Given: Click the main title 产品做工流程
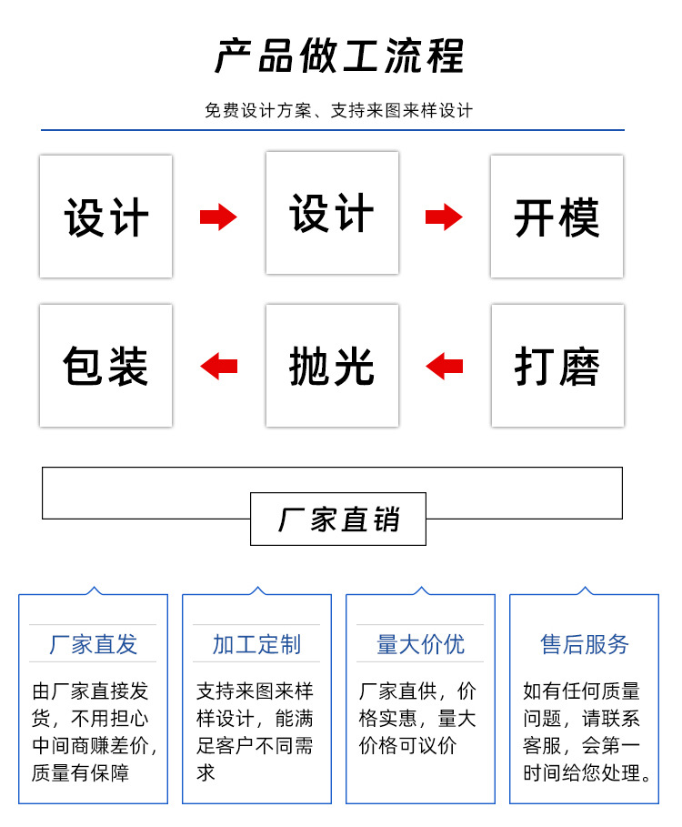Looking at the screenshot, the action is click(339, 56).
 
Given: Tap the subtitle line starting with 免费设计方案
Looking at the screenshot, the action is click(339, 111).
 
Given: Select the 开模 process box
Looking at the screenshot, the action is click(557, 217).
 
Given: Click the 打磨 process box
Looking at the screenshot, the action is click(557, 366).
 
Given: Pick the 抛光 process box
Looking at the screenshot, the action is click(332, 366).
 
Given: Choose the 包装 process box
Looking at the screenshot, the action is click(105, 366).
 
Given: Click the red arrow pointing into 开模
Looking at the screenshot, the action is click(444, 217).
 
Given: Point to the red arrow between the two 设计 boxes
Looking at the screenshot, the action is click(218, 217).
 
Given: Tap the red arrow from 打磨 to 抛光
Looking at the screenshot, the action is click(444, 367).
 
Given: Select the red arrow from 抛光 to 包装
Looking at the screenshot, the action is click(218, 367).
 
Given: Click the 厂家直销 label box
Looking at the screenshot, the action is click(338, 519).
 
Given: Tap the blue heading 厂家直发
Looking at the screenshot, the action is click(93, 644).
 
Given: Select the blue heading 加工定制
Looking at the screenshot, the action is click(256, 644).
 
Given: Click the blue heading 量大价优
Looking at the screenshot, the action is click(420, 644).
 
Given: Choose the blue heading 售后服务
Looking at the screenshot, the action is click(584, 644).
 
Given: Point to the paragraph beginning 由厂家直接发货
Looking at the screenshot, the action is click(93, 732).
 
